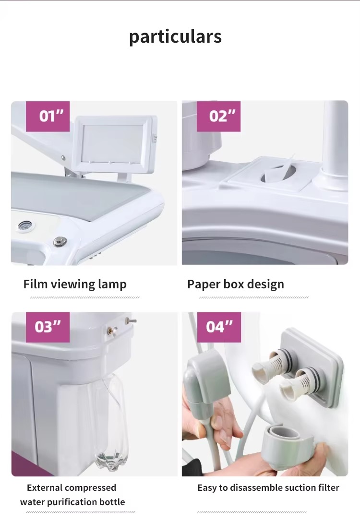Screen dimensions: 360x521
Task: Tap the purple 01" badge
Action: [48, 116]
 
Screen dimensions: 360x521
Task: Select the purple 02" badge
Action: [219, 116]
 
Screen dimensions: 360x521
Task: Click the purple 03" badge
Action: [48, 327]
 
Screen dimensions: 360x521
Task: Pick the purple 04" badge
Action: [219, 327]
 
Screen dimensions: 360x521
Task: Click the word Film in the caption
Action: [35, 284]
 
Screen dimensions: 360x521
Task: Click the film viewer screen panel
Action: [114, 142]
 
